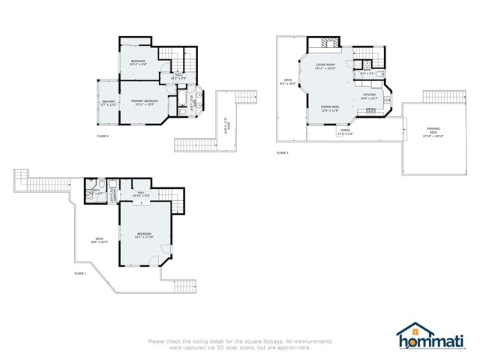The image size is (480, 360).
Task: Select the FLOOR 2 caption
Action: point(103,136)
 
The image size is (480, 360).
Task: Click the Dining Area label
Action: point(330,109)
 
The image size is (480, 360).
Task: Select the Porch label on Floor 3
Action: point(346,131)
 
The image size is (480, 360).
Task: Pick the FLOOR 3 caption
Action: point(282,152)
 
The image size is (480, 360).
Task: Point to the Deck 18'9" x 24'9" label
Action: point(100,241)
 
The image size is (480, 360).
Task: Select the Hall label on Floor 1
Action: point(142,193)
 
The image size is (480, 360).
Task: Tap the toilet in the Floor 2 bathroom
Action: point(182,111)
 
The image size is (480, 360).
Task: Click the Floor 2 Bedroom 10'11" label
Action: point(138,62)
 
